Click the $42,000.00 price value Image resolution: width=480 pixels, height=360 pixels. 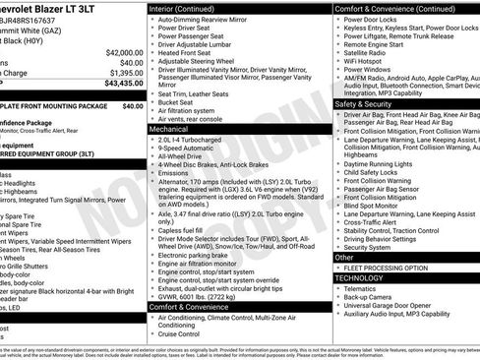tap(122, 51)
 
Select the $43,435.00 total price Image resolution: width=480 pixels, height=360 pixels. tap(122, 84)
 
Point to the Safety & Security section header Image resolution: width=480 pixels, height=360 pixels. tap(363, 103)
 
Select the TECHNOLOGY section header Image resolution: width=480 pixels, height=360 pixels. tap(360, 278)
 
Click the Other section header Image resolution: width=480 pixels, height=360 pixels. tap(346, 257)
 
